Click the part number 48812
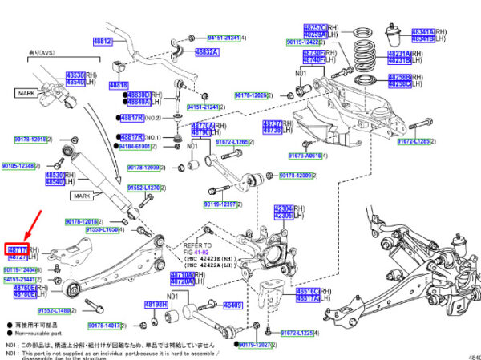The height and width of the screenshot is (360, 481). (102, 41)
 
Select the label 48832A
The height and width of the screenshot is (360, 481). (206, 52)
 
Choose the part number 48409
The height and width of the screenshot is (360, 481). (232, 305)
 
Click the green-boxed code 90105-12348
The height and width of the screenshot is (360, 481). (18, 166)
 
